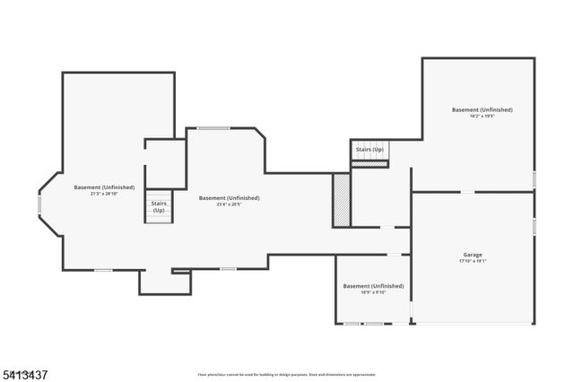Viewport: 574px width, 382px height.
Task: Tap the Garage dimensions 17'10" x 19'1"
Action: pyautogui.click(x=473, y=261)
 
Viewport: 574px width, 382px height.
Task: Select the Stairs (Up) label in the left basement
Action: pyautogui.click(x=158, y=206)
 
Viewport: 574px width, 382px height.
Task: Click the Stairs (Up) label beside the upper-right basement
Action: pyautogui.click(x=370, y=149)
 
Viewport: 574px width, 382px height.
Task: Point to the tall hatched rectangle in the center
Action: pyautogui.click(x=341, y=199)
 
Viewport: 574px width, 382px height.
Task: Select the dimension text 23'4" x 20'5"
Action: pyautogui.click(x=229, y=204)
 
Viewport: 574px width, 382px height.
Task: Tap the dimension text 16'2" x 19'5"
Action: pyautogui.click(x=482, y=117)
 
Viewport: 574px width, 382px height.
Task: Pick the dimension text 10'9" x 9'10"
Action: pyautogui.click(x=373, y=292)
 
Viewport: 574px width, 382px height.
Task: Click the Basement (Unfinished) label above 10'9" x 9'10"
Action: pyautogui.click(x=373, y=285)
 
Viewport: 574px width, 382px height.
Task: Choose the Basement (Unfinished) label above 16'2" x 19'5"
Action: pyautogui.click(x=482, y=109)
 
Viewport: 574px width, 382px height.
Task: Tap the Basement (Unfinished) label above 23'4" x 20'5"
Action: pyautogui.click(x=229, y=197)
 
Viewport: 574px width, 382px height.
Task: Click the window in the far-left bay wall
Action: pyautogui.click(x=39, y=204)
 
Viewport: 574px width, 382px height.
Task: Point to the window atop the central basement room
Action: pyautogui.click(x=213, y=128)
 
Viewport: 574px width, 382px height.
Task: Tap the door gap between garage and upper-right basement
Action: pyautogui.click(x=467, y=191)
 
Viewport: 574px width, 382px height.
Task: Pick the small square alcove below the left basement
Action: pyautogui.click(x=155, y=281)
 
